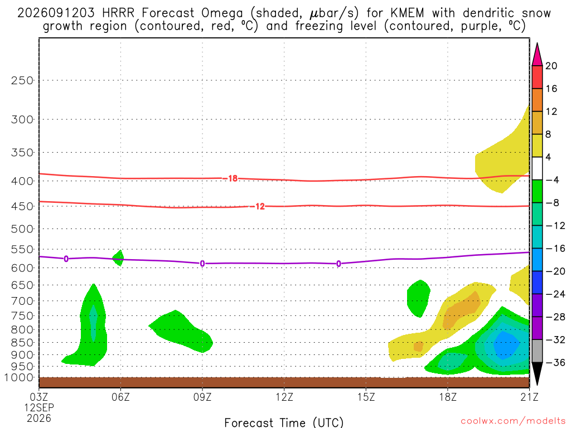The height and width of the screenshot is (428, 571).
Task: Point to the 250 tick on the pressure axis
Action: click(22, 80)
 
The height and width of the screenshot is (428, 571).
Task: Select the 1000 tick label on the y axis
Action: click(19, 378)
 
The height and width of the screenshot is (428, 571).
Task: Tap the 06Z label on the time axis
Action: click(120, 397)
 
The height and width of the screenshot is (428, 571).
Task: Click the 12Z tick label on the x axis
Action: click(284, 397)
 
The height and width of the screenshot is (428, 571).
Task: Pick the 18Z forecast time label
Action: click(448, 397)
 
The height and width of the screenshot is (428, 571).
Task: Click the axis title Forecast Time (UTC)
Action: click(284, 422)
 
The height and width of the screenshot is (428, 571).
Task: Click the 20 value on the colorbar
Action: click(551, 66)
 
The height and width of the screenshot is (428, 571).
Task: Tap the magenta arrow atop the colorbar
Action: click(537, 55)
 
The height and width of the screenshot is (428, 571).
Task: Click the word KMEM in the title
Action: click(407, 13)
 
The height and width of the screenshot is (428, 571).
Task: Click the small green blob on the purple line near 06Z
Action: click(118, 258)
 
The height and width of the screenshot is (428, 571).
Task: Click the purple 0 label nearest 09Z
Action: click(202, 264)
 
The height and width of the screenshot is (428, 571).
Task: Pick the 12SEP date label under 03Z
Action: click(39, 407)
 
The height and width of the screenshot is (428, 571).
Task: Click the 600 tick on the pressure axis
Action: click(22, 268)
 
